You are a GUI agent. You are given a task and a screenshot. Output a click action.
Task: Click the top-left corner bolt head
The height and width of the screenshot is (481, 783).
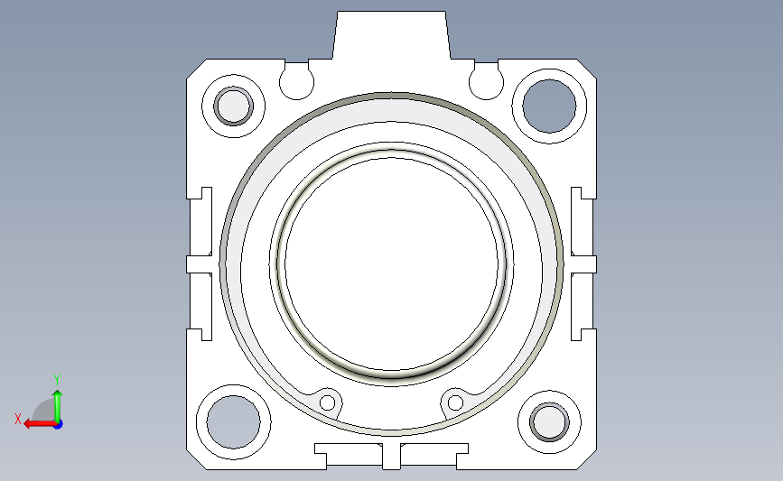(x=233, y=106)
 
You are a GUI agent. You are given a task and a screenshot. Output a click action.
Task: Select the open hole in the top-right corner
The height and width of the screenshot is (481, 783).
(x=549, y=106)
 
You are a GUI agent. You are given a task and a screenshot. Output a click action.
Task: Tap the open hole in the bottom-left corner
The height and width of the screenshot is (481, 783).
(x=233, y=422)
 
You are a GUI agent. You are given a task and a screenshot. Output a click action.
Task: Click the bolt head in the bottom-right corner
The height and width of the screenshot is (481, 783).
(x=549, y=422)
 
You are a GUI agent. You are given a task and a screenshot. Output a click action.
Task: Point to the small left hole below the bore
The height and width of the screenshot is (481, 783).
(x=328, y=402)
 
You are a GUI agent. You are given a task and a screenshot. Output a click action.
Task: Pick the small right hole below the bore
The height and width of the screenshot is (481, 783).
(x=455, y=402)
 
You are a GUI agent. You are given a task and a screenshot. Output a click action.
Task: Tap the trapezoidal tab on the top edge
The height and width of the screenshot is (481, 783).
(x=392, y=35)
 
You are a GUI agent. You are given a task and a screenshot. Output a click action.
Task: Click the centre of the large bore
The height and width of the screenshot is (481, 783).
(x=392, y=264)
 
